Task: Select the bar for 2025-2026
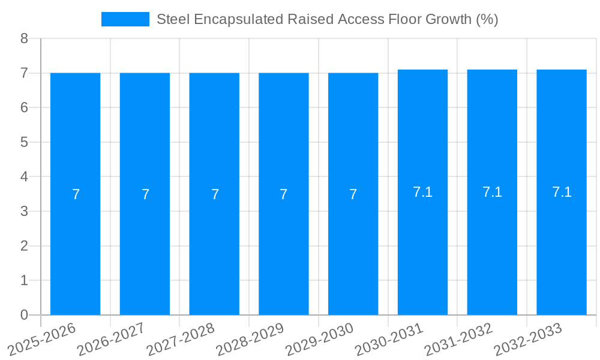(75, 252)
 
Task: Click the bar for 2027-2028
(214, 252)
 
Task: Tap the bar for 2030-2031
(422, 252)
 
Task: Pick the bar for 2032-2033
(562, 252)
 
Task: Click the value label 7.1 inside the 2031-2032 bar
(492, 192)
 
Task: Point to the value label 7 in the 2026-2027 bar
(145, 194)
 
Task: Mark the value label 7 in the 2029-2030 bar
(353, 194)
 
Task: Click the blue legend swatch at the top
(125, 19)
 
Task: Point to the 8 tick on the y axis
(24, 39)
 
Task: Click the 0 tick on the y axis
(24, 315)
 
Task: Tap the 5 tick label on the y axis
(24, 142)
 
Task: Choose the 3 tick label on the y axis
(24, 211)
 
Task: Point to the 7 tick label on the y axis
(24, 73)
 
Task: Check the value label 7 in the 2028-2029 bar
(284, 194)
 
